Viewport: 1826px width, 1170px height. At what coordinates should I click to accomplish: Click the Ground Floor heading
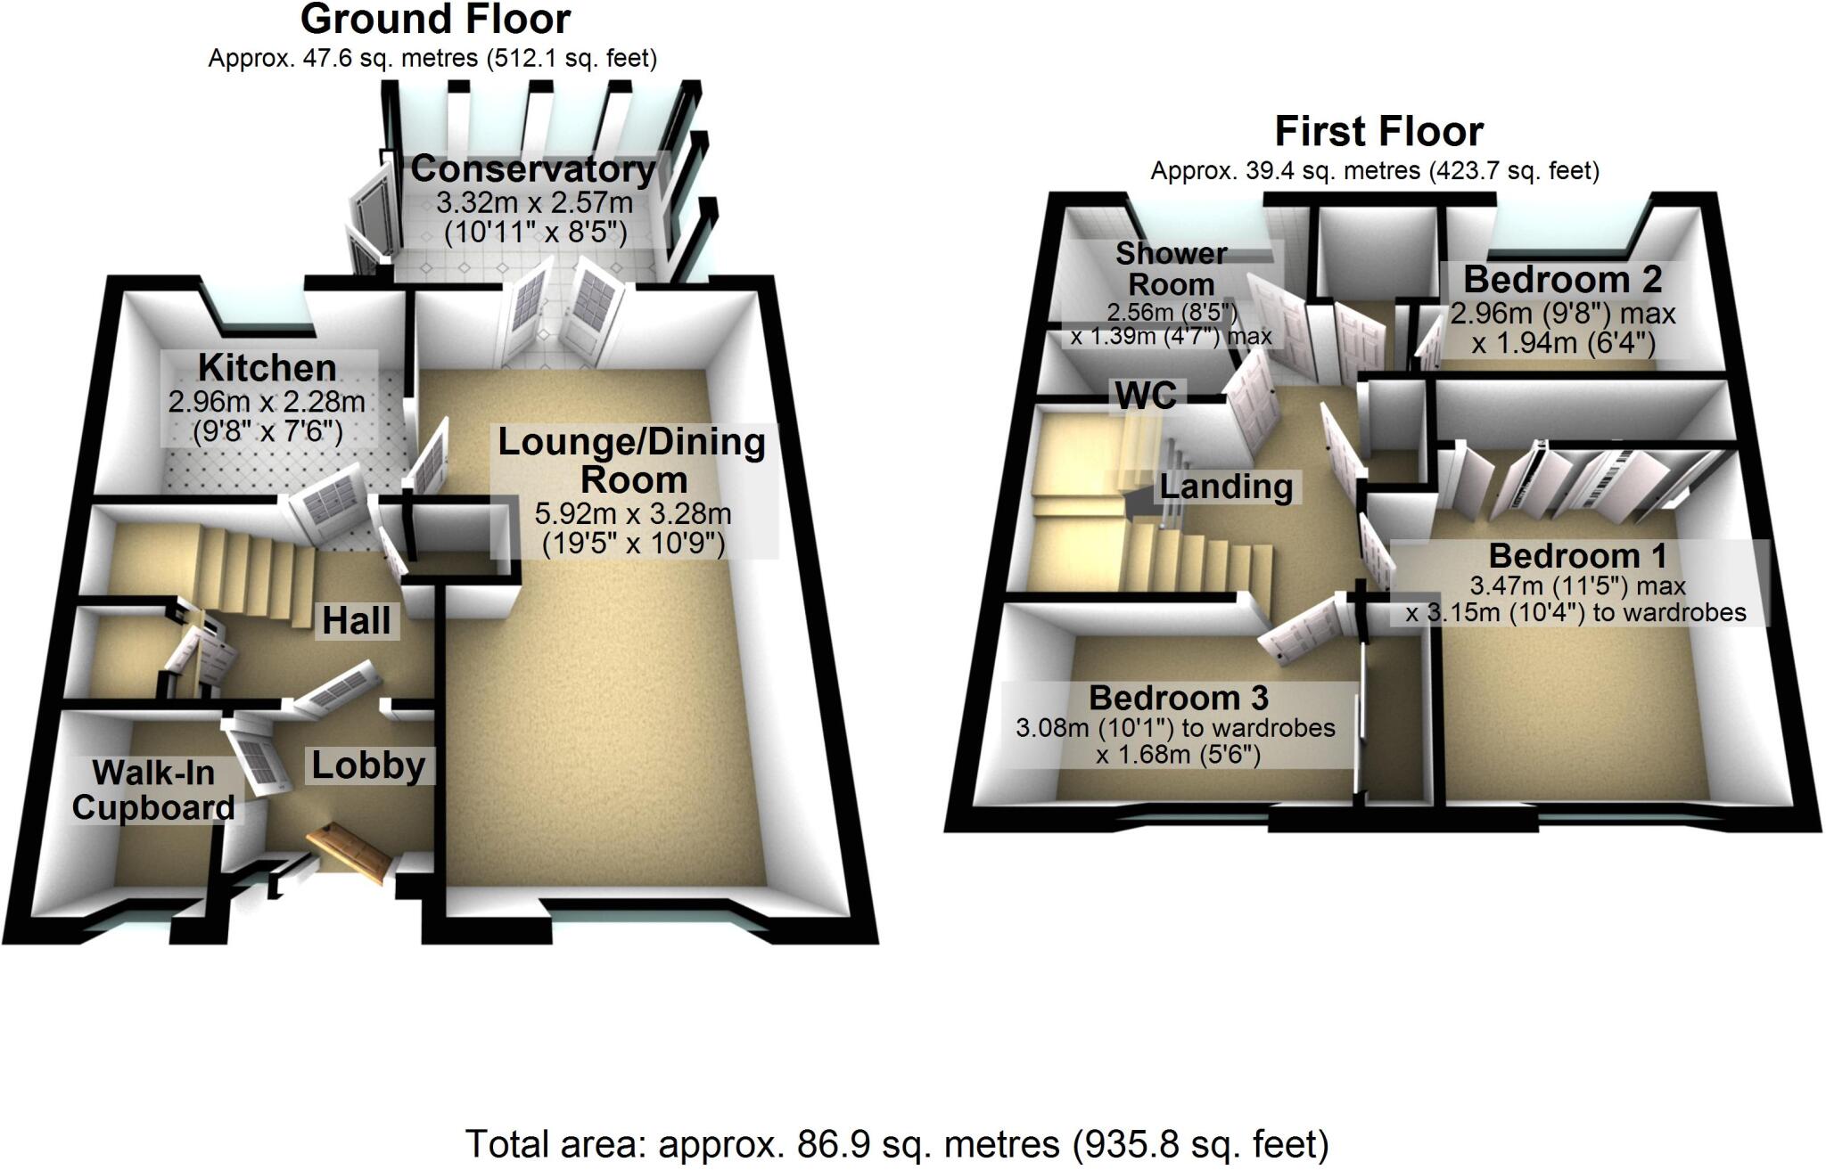click(x=435, y=20)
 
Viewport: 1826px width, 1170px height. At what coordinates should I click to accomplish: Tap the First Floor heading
click(x=1378, y=132)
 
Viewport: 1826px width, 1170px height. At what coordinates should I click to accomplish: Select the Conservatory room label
click(x=533, y=168)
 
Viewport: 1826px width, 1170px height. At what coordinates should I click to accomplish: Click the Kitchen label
click(x=267, y=367)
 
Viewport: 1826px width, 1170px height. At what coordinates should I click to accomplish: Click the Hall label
click(x=357, y=620)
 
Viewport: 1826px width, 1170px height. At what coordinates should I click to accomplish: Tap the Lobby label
click(x=368, y=765)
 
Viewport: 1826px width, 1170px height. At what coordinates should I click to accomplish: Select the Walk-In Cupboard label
click(x=153, y=790)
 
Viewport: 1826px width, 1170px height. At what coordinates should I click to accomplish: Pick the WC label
click(x=1146, y=396)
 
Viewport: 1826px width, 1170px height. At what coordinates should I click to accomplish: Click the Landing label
click(x=1226, y=487)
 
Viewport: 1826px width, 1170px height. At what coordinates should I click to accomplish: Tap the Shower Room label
click(x=1172, y=269)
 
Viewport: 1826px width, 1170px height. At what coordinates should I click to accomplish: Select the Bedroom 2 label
click(x=1562, y=280)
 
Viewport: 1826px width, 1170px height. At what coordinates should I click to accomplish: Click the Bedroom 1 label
click(x=1577, y=556)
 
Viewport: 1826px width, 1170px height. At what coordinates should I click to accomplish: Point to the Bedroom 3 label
click(x=1178, y=698)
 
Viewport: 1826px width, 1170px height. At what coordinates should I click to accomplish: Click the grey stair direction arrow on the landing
click(x=1136, y=506)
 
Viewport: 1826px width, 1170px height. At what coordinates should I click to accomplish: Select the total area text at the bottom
click(x=897, y=1143)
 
